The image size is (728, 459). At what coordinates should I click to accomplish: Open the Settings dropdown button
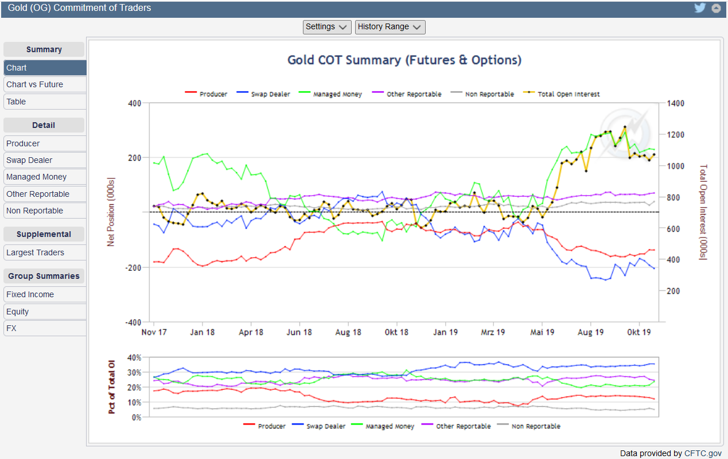pos(326,27)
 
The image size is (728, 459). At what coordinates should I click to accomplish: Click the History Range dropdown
pos(390,27)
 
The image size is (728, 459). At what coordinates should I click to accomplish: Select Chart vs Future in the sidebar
pos(35,84)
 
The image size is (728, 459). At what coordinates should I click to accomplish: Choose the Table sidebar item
pos(16,102)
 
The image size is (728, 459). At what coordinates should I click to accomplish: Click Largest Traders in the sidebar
pos(36,252)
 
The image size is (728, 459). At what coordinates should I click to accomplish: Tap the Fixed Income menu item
pos(30,294)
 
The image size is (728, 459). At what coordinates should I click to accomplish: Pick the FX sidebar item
pos(11,328)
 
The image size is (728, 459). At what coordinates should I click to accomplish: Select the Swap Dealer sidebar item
pos(29,160)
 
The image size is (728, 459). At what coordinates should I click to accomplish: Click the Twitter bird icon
pos(699,8)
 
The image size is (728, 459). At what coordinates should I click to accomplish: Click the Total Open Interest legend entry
pos(569,94)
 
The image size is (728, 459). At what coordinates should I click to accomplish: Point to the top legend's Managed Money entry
pos(337,94)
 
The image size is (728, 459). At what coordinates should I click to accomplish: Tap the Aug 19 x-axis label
pos(590,332)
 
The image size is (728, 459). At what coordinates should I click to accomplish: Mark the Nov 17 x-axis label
pos(154,332)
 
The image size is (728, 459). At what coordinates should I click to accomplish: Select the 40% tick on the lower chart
pos(134,357)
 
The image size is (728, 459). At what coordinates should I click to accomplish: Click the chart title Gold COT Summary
pos(404,60)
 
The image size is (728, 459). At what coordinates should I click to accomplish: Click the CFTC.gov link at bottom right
pos(703,453)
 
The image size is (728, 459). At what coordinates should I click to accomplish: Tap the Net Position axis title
pos(111,212)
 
